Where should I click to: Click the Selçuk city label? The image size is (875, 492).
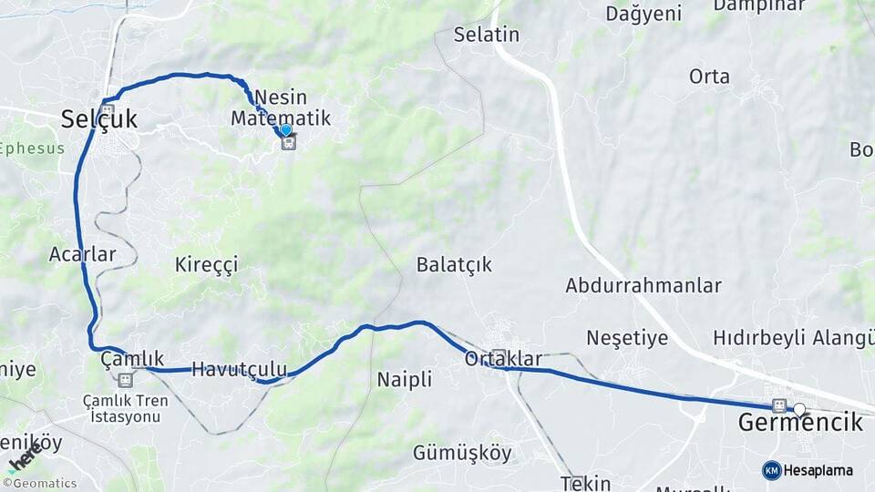click(x=99, y=118)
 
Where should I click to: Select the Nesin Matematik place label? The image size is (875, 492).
click(x=281, y=108)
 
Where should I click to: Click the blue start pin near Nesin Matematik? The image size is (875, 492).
click(x=286, y=131)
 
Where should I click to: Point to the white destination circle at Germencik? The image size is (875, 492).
click(x=799, y=410)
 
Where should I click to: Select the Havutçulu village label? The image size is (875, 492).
click(x=239, y=369)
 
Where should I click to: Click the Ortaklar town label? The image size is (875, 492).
click(x=503, y=359)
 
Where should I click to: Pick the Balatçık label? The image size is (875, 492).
click(x=454, y=264)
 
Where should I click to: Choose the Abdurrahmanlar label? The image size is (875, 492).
click(x=643, y=285)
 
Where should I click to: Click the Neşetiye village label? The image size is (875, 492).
click(x=627, y=338)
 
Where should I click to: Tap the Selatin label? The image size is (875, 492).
click(x=487, y=36)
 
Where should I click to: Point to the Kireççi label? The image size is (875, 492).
click(x=207, y=265)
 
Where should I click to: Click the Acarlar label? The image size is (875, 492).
click(x=83, y=254)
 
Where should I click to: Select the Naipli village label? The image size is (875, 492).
click(x=405, y=380)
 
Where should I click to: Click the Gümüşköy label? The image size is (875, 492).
click(x=462, y=453)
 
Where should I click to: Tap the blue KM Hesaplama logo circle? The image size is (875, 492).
click(x=772, y=470)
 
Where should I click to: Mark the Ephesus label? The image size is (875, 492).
click(x=33, y=149)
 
